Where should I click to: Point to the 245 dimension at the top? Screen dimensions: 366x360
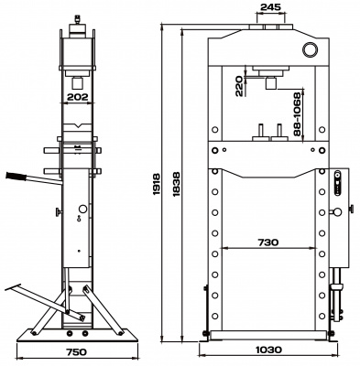[x=269, y=7]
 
